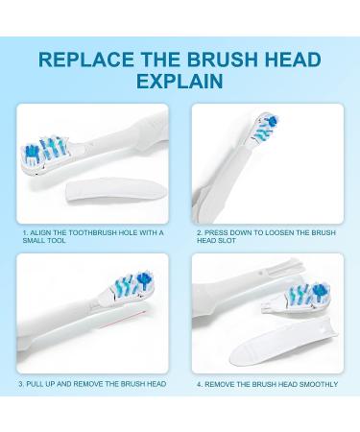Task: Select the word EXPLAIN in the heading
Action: click(x=180, y=83)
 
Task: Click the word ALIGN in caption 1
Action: click(x=39, y=232)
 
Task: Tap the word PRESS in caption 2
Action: click(x=215, y=232)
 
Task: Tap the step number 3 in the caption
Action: click(x=21, y=384)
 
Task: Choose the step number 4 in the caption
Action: click(x=199, y=384)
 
